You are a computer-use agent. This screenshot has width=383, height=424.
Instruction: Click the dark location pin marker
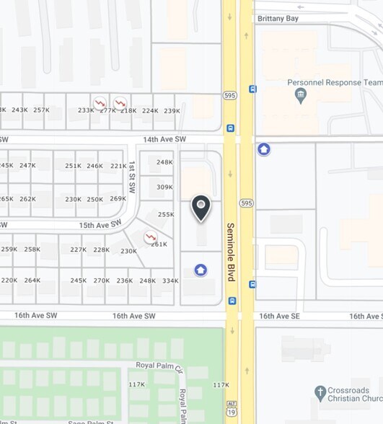point(201,208)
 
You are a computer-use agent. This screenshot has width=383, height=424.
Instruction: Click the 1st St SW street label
point(132,177)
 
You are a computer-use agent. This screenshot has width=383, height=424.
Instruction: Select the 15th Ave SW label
point(98,225)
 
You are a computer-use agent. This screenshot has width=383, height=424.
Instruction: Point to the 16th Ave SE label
point(278,316)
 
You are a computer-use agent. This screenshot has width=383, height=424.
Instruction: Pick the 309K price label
point(164,187)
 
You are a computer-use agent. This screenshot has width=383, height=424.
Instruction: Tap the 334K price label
point(170,281)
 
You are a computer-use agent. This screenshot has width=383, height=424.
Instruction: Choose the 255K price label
point(166,214)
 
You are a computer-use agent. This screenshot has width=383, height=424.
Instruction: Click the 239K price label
point(172,110)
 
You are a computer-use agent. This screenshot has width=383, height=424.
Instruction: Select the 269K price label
point(118,199)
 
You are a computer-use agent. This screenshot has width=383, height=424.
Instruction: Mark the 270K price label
point(102,281)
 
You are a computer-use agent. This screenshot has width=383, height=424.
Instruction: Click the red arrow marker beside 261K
point(150,237)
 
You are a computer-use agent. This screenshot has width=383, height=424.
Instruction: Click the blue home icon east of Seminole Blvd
point(264,149)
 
